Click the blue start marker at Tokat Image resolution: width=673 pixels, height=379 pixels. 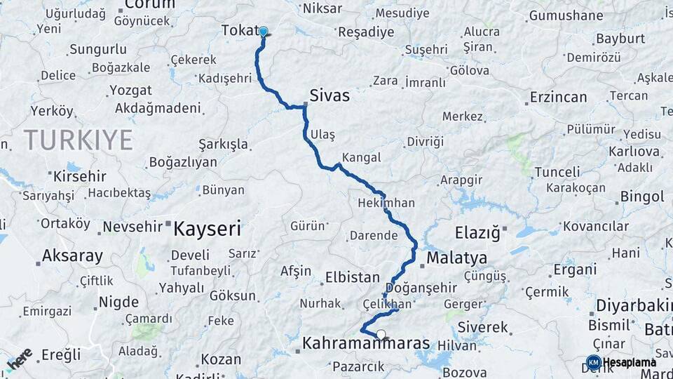264,32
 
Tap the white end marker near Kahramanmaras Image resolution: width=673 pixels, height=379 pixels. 381,335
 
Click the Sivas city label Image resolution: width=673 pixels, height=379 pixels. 329,95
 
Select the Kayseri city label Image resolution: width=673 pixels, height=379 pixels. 207,228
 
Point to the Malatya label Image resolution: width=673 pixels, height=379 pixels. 456,257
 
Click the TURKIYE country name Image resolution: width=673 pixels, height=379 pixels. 79,140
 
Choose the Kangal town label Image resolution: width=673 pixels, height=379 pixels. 362,157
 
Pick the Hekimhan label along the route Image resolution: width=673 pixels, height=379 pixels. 386,203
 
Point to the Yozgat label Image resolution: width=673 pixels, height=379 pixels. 130,91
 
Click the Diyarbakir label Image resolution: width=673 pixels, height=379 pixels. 634,306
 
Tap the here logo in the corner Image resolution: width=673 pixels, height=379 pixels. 19,359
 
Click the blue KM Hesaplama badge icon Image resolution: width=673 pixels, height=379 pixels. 593,362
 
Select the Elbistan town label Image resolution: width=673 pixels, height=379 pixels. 352,278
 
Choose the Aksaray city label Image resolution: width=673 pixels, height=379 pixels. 72,255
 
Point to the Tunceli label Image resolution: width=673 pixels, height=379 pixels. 557,172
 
